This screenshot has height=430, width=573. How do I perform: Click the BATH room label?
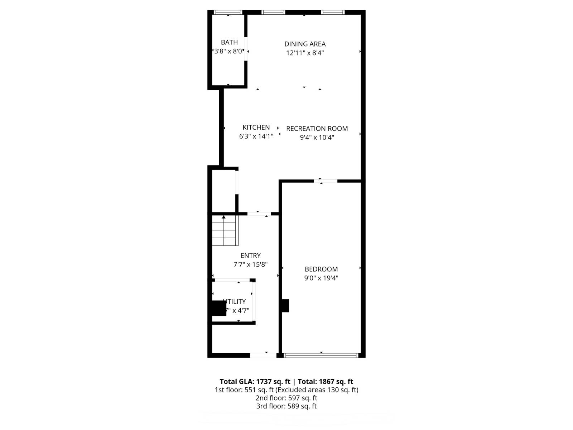coord(229,42)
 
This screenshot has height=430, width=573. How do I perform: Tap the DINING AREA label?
coord(305,44)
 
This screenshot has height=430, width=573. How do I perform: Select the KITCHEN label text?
coord(256,127)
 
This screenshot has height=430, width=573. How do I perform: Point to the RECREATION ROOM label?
coord(317,128)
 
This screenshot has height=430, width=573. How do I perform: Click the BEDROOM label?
coord(321,269)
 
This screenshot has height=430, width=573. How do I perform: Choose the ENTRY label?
coord(250,255)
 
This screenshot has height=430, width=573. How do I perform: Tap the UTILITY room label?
coord(235,301)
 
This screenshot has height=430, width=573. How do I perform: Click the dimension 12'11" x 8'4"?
coord(305,53)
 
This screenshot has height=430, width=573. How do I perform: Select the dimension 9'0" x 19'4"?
coord(321,278)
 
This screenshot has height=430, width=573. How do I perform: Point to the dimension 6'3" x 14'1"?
coord(256,136)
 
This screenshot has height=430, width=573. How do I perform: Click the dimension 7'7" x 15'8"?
coord(250,264)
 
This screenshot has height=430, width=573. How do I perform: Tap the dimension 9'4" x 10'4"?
coord(317,137)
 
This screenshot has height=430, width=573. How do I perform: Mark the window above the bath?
coord(228,13)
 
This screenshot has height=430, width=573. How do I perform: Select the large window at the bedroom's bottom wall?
coord(321,355)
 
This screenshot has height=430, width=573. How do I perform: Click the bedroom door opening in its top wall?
coord(326,181)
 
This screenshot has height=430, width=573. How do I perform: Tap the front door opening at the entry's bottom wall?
coord(263,355)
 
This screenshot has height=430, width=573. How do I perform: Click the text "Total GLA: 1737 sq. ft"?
coord(255,382)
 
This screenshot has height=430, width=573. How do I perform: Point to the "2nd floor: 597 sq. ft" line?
coord(286,398)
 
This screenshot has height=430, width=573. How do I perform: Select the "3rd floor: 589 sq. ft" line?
coord(286,406)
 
